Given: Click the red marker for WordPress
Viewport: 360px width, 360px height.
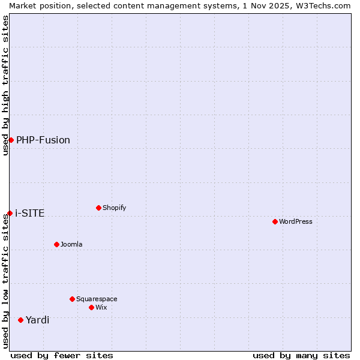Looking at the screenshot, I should pos(275,221).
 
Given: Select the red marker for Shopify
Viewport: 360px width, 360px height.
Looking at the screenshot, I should pos(98,208).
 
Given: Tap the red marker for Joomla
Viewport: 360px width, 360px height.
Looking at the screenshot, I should pos(56,244).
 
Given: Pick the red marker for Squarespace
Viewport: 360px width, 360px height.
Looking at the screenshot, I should pos(72,299).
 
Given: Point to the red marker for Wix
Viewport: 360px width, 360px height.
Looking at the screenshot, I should pos(91,307).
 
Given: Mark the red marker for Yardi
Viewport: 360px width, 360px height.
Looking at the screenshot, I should pos(20,320).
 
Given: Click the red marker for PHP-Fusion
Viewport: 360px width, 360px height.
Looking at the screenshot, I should pos(11,140).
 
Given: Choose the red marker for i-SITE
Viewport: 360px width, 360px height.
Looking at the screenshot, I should pos(10,213).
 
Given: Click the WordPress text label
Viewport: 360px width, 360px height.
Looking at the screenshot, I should pos(296,222).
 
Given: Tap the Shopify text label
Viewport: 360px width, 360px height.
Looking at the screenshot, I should pos(114,208).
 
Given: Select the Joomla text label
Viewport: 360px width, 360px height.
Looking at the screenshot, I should pos(71,245).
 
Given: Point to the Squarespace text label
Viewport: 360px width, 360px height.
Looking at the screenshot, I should pos(97,299).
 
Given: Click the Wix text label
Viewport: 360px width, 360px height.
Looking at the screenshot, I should pos(101,308).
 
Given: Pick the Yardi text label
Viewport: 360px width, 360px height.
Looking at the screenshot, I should pos(37,320).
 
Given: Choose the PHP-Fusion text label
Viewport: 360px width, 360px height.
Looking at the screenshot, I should pos(43,140).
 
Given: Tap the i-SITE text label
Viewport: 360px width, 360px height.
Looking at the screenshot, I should pos(30,214).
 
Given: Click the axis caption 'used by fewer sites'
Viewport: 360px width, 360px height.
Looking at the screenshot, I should pos(62,355).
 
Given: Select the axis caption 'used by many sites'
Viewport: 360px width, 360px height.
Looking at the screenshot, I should pos(301,355).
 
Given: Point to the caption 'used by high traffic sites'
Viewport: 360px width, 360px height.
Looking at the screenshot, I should pos(5,85).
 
